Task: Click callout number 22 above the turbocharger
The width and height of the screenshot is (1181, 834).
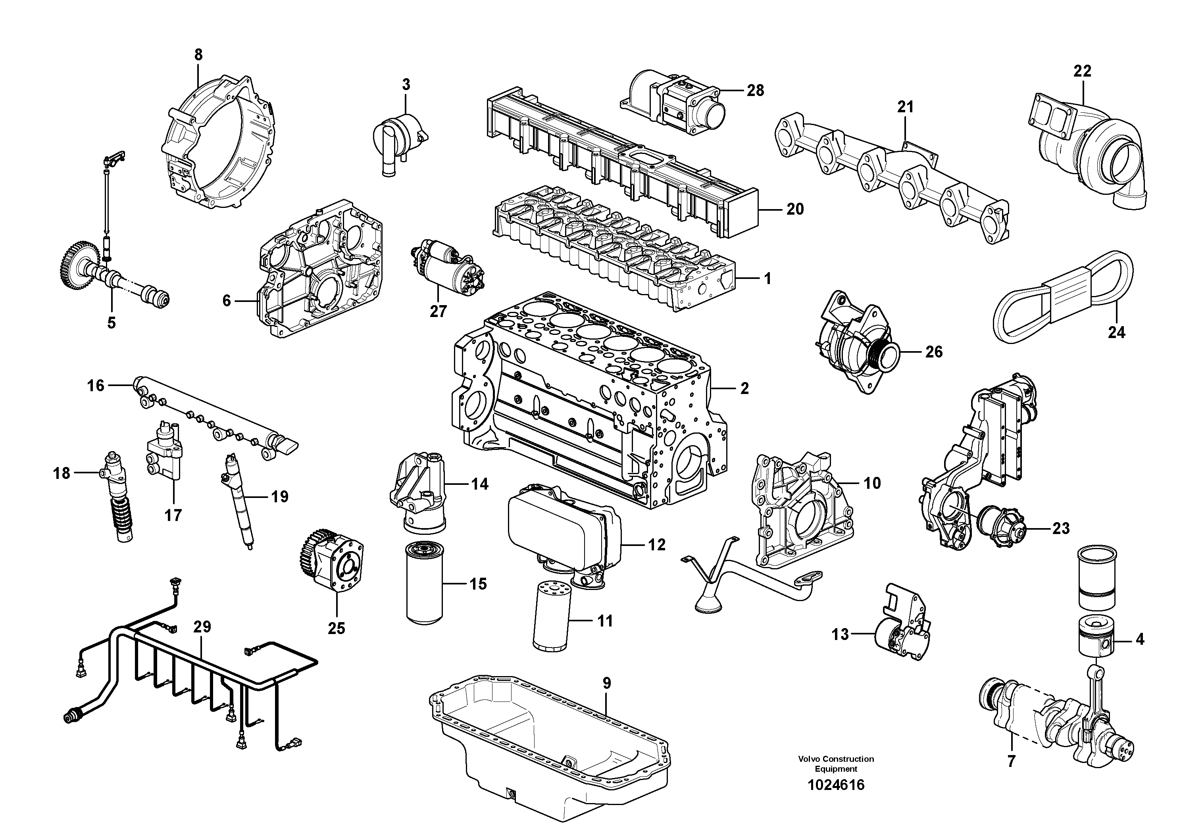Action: (1082, 71)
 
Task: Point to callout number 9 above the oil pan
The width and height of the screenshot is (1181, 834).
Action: (606, 683)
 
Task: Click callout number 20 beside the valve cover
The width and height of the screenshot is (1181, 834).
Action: (795, 209)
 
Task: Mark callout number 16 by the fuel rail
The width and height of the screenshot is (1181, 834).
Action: (96, 385)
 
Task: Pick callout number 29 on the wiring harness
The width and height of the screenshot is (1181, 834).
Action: (203, 627)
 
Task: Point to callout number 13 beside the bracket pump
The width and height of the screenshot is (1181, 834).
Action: (840, 634)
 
